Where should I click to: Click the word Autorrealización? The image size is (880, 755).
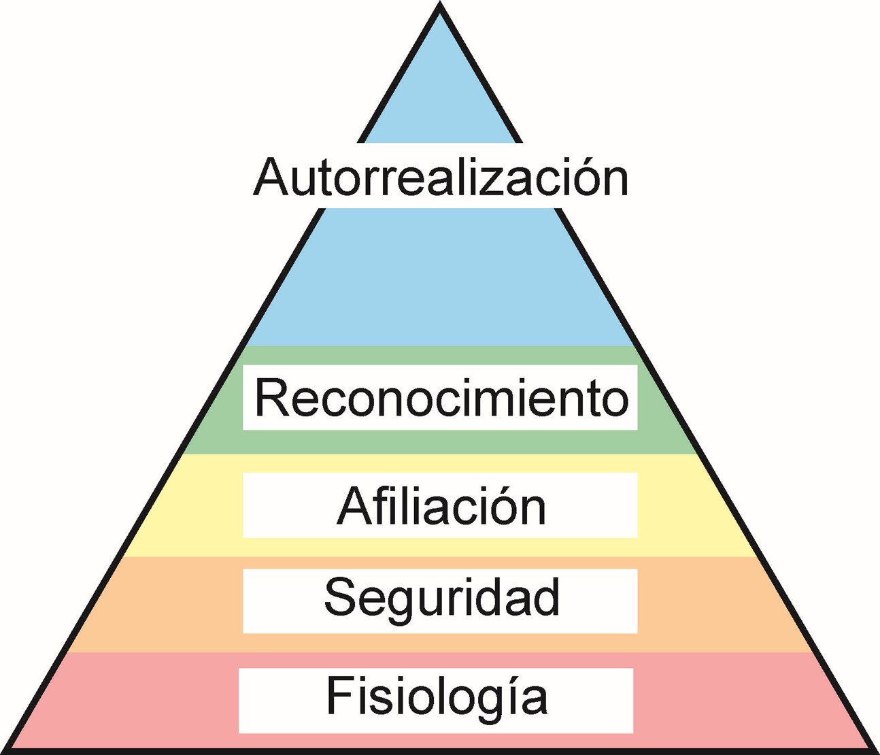441,178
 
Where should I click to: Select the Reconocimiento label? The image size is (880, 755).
441,398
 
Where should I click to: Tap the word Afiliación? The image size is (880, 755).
441,506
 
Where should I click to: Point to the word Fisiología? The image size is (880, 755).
437,697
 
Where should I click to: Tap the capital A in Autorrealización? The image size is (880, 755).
270,177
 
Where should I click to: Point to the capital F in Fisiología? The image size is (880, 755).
339,695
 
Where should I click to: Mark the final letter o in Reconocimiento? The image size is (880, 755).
614,401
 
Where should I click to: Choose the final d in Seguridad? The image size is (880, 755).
545,597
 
